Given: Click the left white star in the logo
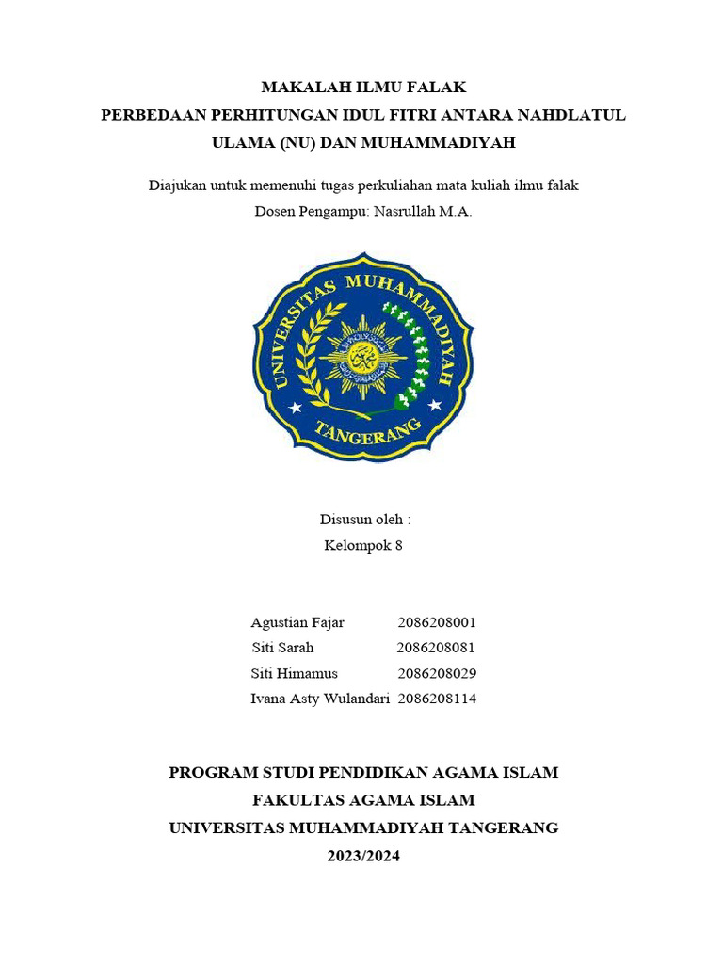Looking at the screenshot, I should click(x=296, y=407).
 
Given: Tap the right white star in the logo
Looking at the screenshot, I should click(x=434, y=406).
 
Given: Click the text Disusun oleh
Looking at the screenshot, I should click(x=365, y=519).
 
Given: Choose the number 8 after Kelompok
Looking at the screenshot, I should click(x=399, y=545).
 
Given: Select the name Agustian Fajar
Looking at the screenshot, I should click(x=297, y=622).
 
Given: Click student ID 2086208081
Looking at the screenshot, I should click(x=436, y=648).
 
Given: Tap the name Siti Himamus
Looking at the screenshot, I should click(x=295, y=673).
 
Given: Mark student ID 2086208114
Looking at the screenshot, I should click(x=437, y=699).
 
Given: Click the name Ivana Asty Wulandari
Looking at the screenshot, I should click(x=320, y=699).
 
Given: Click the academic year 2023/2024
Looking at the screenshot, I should click(x=363, y=856).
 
